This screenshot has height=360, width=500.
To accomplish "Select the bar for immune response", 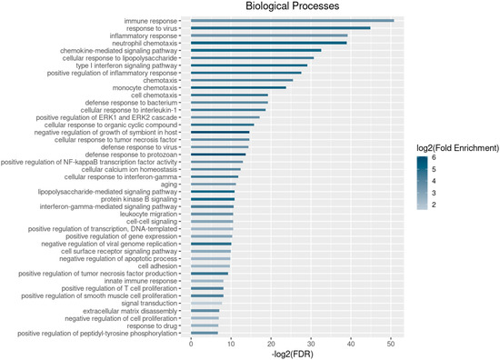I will coord(292,20).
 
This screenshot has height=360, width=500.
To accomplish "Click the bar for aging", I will coord(213,185).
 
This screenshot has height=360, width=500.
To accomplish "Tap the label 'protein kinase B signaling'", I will coord(132,199).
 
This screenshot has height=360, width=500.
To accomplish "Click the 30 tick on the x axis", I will coord(311,344).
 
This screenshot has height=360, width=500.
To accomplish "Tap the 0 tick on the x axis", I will coord(191,344).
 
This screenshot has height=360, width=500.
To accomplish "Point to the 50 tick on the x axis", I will coord(391,344).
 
